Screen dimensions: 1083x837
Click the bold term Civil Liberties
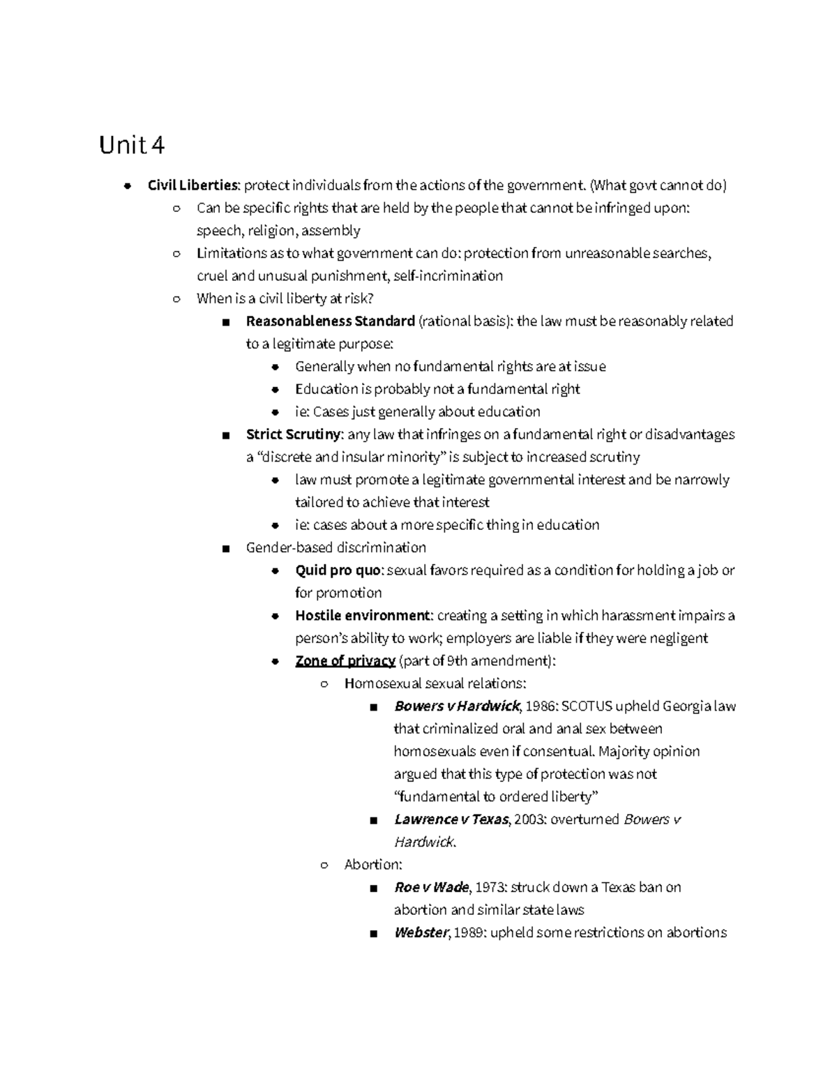[x=193, y=185]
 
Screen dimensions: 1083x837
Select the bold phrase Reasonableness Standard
[x=330, y=321]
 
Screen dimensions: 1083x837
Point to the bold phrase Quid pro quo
[x=338, y=570]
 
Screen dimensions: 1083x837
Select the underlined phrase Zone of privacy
[x=345, y=661]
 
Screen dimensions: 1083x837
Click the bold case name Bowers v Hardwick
[x=457, y=706]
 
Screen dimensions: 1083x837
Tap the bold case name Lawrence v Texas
[x=451, y=819]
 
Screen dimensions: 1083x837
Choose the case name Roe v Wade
[x=432, y=888]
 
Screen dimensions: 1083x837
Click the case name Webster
[x=420, y=933]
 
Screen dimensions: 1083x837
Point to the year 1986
[x=541, y=706]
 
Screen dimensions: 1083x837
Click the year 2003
[x=530, y=819]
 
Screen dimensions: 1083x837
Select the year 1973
[x=491, y=888]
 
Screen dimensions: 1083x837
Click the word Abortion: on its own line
[x=373, y=865]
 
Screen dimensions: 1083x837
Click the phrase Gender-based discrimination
[x=335, y=548]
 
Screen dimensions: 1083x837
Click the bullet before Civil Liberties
[x=127, y=185]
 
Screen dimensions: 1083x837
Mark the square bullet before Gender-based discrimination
[x=225, y=549]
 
